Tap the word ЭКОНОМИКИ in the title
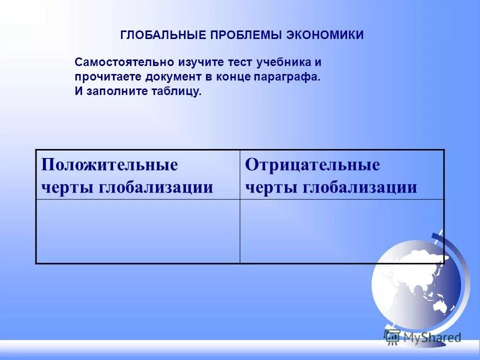point(325,35)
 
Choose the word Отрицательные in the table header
point(312,165)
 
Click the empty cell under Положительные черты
point(137,231)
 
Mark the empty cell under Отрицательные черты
point(341,231)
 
